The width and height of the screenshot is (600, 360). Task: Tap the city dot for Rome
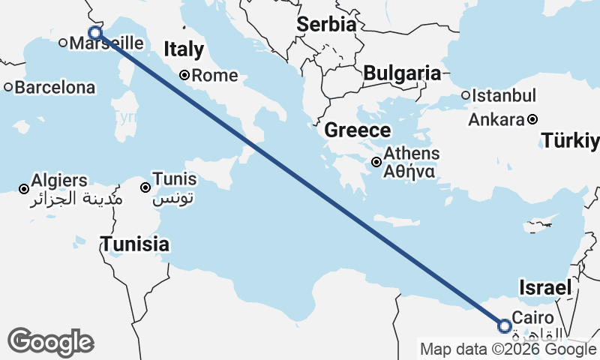pyautogui.click(x=184, y=75)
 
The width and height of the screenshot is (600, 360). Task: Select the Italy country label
pyautogui.click(x=184, y=50)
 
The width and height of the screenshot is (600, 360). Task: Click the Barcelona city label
pyautogui.click(x=55, y=88)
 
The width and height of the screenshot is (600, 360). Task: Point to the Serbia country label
pyautogui.click(x=325, y=24)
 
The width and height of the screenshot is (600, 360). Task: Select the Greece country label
pyautogui.click(x=357, y=130)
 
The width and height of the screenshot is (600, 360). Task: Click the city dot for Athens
pyautogui.click(x=376, y=162)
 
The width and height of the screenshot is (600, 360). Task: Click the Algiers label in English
pyautogui.click(x=59, y=181)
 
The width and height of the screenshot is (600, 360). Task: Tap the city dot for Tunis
pyautogui.click(x=146, y=187)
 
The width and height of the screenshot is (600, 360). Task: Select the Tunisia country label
pyautogui.click(x=135, y=244)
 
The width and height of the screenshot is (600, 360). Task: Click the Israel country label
pyautogui.click(x=546, y=288)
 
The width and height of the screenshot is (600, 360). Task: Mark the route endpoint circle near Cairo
pyautogui.click(x=505, y=325)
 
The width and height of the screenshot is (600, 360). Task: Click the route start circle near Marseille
pyautogui.click(x=95, y=32)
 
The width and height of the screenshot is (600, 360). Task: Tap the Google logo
pyautogui.click(x=50, y=342)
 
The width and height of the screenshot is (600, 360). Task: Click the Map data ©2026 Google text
pyautogui.click(x=508, y=349)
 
